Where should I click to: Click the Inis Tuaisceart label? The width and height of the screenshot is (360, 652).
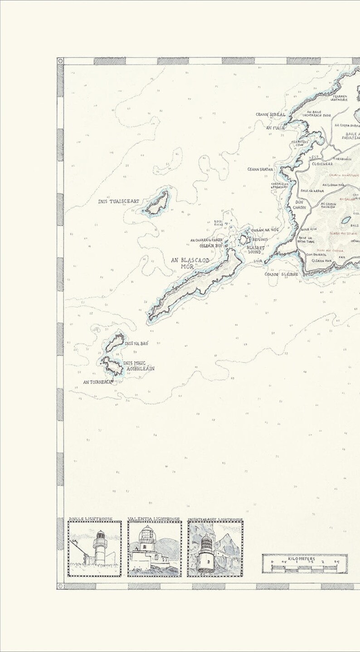(x=118, y=201)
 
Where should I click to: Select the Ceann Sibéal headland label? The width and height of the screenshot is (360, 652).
(x=271, y=115)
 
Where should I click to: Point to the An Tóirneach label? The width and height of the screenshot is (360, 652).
(x=97, y=382)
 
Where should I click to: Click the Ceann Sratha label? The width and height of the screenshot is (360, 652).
(x=260, y=169)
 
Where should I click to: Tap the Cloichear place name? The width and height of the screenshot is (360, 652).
(x=322, y=164)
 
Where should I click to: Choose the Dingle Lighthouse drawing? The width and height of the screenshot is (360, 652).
(x=95, y=549)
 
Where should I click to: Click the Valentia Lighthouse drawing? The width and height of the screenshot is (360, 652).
(x=154, y=549)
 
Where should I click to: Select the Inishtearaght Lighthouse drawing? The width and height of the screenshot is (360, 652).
(x=215, y=549)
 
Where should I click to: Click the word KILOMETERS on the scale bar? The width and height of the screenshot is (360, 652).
(x=304, y=559)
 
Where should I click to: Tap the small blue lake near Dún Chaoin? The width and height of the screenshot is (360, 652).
(x=346, y=220)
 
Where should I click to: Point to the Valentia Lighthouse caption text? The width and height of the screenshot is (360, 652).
(x=154, y=519)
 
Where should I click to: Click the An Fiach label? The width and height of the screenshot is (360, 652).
(x=275, y=128)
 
